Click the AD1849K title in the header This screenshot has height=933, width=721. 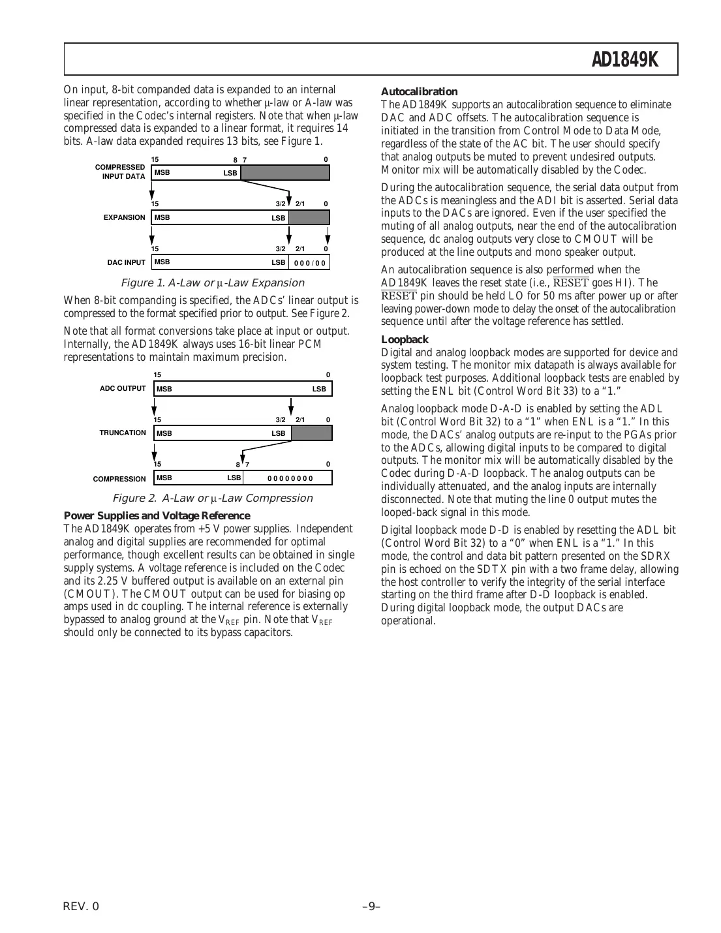[624, 60]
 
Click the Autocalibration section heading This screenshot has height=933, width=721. [419, 92]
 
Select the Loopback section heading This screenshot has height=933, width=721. [405, 339]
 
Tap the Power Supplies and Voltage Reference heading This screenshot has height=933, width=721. [157, 515]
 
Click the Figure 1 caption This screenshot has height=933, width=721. [213, 283]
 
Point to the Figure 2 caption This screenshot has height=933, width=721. [213, 498]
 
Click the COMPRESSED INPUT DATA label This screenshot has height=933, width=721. [121, 172]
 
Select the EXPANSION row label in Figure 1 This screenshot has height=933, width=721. [125, 218]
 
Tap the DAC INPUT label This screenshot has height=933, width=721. [127, 263]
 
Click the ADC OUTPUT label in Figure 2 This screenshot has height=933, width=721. [123, 388]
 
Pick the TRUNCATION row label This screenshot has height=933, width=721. [123, 433]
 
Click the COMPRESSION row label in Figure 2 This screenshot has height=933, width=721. [119, 479]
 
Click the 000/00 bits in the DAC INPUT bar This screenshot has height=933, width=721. [309, 263]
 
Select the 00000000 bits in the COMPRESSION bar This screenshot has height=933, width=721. [290, 478]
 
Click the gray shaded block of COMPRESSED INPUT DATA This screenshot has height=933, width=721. [285, 173]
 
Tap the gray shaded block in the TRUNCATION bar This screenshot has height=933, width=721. [311, 433]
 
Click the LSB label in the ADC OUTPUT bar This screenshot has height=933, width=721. [319, 389]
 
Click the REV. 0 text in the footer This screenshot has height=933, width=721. [82, 906]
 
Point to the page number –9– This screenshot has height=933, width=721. [371, 906]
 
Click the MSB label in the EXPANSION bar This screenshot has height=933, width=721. [162, 218]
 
